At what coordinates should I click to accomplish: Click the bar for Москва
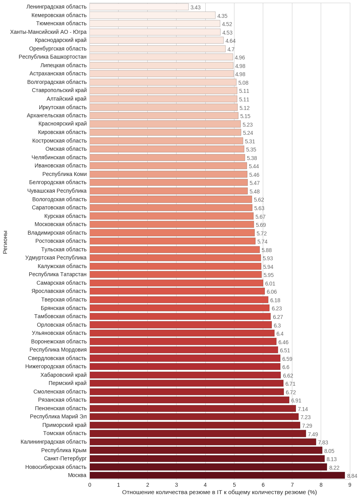(x=217, y=475)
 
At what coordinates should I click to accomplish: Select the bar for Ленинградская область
(x=139, y=7)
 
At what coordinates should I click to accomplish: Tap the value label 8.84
(x=352, y=476)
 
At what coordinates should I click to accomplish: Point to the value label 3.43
(x=196, y=7)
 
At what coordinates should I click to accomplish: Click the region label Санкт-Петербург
(x=65, y=458)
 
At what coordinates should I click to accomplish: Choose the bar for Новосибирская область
(x=208, y=467)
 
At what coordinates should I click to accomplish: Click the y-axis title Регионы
(x=5, y=242)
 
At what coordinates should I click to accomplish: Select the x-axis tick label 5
(x=234, y=484)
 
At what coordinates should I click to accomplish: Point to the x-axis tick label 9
(x=350, y=484)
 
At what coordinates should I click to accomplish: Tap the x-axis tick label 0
(x=90, y=484)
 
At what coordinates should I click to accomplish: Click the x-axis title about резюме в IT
(x=219, y=492)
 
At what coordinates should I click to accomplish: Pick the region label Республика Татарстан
(x=58, y=274)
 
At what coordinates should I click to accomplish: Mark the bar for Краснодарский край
(x=156, y=40)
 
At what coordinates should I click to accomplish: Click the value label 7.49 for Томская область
(x=313, y=434)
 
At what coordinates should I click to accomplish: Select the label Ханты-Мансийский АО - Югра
(x=48, y=32)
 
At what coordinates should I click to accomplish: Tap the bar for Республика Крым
(x=206, y=450)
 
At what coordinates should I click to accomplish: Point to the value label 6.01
(x=270, y=284)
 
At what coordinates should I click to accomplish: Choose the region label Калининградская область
(x=54, y=442)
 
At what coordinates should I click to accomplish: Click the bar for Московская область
(x=171, y=224)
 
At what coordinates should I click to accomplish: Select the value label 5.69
(x=261, y=225)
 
